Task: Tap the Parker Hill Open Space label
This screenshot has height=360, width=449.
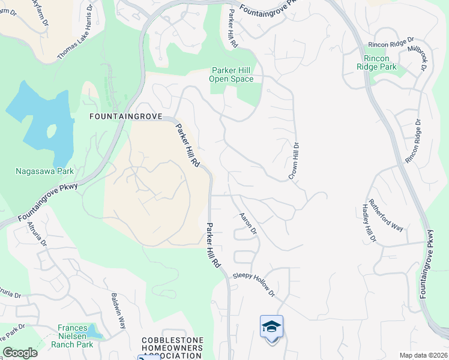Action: (231, 74)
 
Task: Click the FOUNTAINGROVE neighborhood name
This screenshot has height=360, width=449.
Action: (125, 116)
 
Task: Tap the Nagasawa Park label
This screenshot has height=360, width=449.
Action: (44, 171)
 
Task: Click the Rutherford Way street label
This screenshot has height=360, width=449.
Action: (386, 214)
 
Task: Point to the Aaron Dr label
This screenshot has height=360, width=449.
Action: (248, 223)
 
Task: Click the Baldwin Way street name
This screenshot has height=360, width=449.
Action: (118, 310)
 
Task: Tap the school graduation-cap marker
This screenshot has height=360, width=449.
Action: (271, 327)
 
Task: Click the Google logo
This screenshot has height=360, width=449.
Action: (19, 353)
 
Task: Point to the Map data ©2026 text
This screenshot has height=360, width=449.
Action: (423, 355)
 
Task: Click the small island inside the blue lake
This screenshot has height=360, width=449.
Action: (52, 130)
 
